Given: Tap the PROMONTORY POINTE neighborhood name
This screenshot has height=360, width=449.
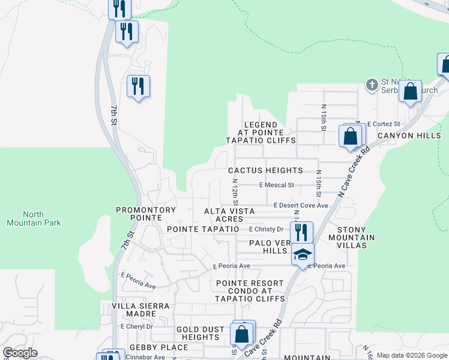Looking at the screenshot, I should click(146, 211).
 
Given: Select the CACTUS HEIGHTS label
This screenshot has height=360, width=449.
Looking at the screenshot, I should click(265, 171).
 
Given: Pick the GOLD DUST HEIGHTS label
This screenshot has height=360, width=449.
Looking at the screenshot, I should click(200, 334).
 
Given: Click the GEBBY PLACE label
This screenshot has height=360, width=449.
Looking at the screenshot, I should click(149, 347).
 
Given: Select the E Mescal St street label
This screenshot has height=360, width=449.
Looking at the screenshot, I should click(277, 185).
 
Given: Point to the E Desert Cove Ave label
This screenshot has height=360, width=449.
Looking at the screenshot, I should click(301, 206).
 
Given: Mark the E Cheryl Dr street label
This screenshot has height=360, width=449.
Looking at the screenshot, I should click(137, 327).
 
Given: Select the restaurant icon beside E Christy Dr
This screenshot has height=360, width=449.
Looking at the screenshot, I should click(301, 232).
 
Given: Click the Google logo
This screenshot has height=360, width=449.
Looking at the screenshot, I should click(20, 353).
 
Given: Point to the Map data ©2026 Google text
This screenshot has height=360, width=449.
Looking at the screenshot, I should click(411, 355).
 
